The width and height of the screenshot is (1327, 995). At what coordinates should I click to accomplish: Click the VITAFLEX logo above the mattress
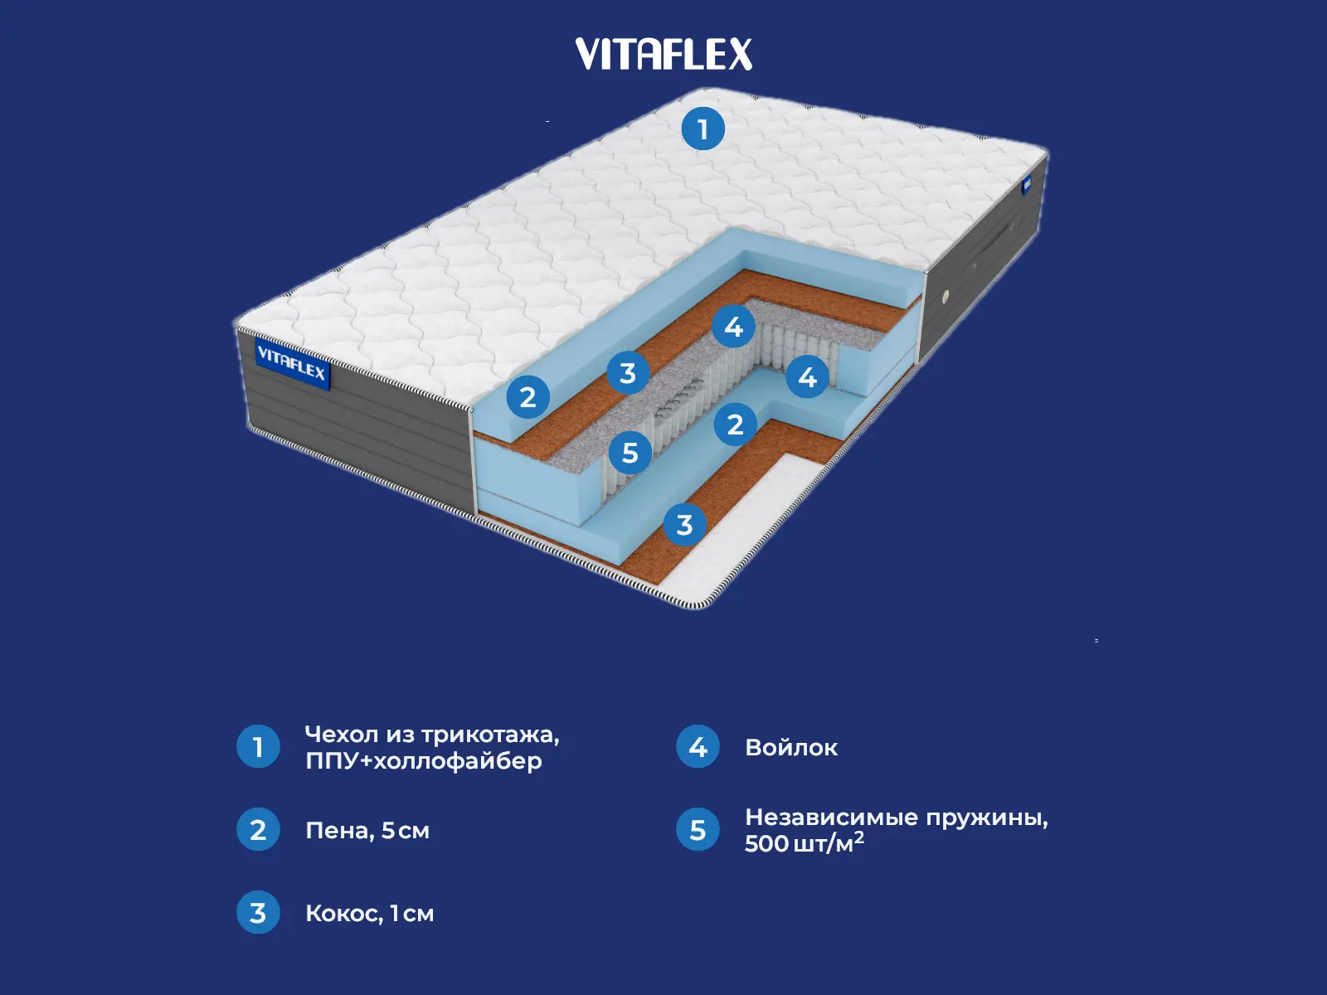663,55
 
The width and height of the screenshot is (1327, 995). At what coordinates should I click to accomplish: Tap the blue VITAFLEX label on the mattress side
292,363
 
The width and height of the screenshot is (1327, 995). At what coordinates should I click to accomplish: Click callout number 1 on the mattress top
703,129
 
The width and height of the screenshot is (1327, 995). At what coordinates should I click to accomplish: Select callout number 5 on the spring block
630,453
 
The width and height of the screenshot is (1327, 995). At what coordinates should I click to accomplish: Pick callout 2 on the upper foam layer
527,397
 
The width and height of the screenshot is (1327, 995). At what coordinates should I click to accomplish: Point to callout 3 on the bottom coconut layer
684,525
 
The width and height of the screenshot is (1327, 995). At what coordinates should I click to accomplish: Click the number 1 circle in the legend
258,747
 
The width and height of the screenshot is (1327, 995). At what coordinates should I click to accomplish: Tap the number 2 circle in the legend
258,830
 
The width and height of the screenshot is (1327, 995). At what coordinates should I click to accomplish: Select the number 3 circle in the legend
258,913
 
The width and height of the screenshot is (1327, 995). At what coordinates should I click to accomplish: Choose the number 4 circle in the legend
698,747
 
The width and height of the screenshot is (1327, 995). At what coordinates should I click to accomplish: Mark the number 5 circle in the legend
698,830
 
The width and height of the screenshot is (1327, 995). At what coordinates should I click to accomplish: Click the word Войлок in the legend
791,748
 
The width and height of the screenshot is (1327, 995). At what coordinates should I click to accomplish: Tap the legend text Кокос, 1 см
370,914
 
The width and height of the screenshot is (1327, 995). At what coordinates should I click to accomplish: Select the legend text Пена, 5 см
367,831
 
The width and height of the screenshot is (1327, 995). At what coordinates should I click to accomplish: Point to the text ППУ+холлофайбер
424,761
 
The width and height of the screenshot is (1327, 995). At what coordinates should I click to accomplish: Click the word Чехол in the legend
342,735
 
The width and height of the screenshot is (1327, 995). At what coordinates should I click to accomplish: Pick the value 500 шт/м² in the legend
804,843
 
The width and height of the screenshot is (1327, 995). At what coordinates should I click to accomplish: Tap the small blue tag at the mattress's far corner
1026,185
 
